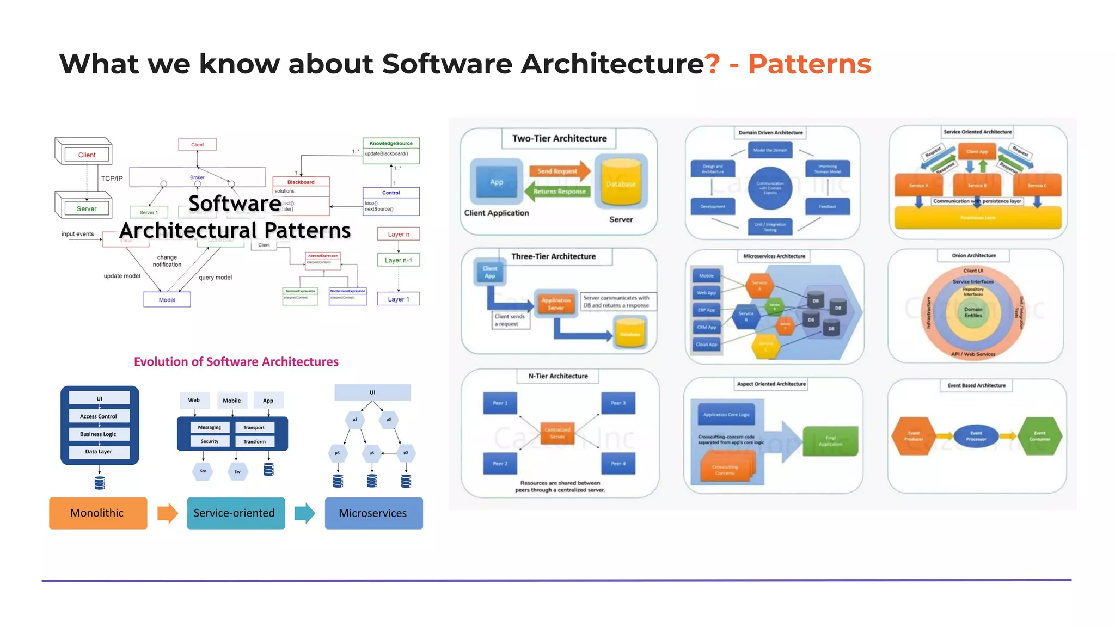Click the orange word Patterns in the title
pos(809,64)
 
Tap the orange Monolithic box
pos(98,513)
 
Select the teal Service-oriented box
pos(235,513)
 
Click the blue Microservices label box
pos(373,513)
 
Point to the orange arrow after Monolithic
pos(167,513)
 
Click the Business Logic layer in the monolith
pos(99,434)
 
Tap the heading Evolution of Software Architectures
pos(236,362)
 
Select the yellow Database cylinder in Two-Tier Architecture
pos(621,184)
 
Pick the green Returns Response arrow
pos(557,192)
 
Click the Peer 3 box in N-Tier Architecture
pos(618,403)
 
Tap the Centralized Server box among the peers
pos(557,433)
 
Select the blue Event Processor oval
pos(976,436)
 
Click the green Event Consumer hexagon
pos(1039,436)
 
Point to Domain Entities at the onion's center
pos(973,312)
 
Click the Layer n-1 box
pos(399,260)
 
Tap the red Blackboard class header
pos(301,182)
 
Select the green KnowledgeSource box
pos(391,143)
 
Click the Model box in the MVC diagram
pos(167,300)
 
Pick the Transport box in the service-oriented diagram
pos(254,427)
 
